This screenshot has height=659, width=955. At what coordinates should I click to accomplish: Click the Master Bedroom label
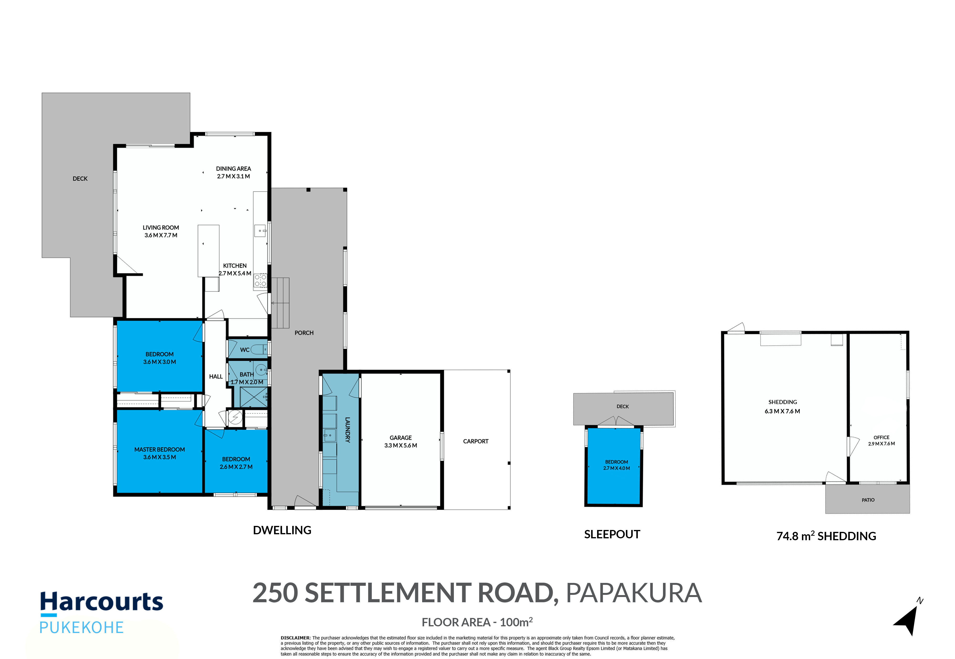pyautogui.click(x=159, y=449)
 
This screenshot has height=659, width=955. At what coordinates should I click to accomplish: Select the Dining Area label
pyautogui.click(x=233, y=168)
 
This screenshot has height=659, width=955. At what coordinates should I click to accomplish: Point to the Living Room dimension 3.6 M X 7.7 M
pyautogui.click(x=161, y=235)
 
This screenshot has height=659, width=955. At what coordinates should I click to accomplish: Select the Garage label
pyautogui.click(x=400, y=438)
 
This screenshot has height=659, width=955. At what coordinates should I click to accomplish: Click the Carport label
pyautogui.click(x=476, y=441)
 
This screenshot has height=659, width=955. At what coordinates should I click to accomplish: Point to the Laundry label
pyautogui.click(x=348, y=430)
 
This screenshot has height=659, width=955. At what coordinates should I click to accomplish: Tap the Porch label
pyautogui.click(x=304, y=333)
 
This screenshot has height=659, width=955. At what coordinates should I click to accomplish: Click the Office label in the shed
pyautogui.click(x=881, y=437)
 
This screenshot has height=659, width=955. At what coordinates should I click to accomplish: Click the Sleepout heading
pyautogui.click(x=612, y=534)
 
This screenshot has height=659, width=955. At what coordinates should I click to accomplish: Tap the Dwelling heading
pyautogui.click(x=282, y=530)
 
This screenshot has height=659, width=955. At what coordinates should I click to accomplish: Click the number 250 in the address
pyautogui.click(x=275, y=593)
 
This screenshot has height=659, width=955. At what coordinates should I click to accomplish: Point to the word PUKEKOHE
pyautogui.click(x=81, y=628)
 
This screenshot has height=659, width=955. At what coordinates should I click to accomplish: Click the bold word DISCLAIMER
pyautogui.click(x=295, y=638)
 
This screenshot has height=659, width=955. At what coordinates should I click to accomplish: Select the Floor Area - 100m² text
pyautogui.click(x=477, y=622)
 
